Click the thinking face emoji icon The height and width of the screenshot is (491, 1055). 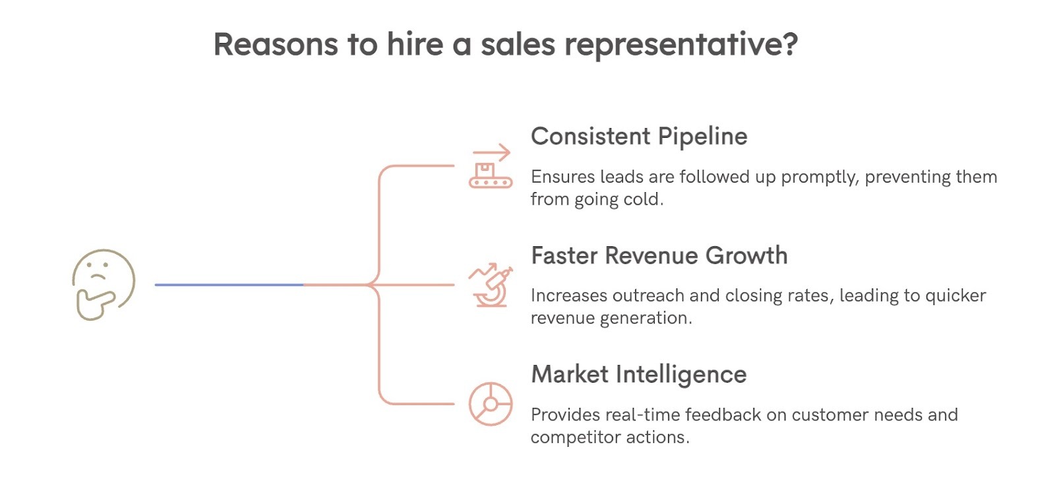click(x=104, y=284)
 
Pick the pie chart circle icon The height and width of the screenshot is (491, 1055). click(x=491, y=403)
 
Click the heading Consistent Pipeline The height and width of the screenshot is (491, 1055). click(x=639, y=137)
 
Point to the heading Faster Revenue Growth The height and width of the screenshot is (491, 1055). click(x=659, y=255)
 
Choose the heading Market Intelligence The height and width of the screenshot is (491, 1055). click(x=639, y=375)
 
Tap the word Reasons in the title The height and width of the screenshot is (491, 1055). click(x=276, y=45)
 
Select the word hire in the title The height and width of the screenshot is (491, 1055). click(x=415, y=45)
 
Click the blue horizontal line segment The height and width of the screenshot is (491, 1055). click(x=229, y=284)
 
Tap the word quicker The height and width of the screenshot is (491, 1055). click(x=955, y=296)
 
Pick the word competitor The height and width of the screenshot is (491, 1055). click(x=575, y=438)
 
